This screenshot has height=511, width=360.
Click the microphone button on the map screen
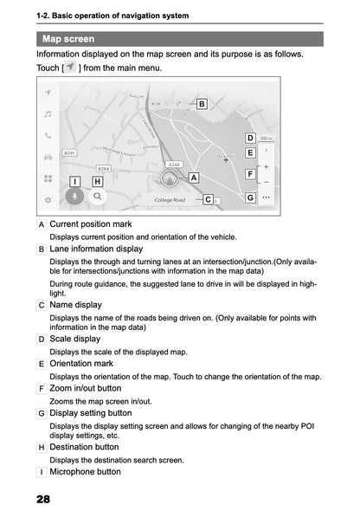click(75, 197)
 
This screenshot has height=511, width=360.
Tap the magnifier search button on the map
click(99, 197)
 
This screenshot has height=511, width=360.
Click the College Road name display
click(170, 200)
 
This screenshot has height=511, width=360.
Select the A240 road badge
click(173, 163)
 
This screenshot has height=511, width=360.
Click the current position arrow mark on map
click(170, 179)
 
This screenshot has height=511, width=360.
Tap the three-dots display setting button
click(266, 197)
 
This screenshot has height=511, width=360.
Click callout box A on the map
click(194, 177)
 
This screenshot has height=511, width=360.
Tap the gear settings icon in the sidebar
click(48, 199)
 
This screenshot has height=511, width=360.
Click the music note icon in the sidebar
click(48, 113)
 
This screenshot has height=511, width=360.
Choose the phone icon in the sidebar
click(48, 135)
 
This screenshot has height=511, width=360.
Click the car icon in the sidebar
click(48, 157)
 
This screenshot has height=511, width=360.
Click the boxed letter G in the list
click(42, 413)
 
